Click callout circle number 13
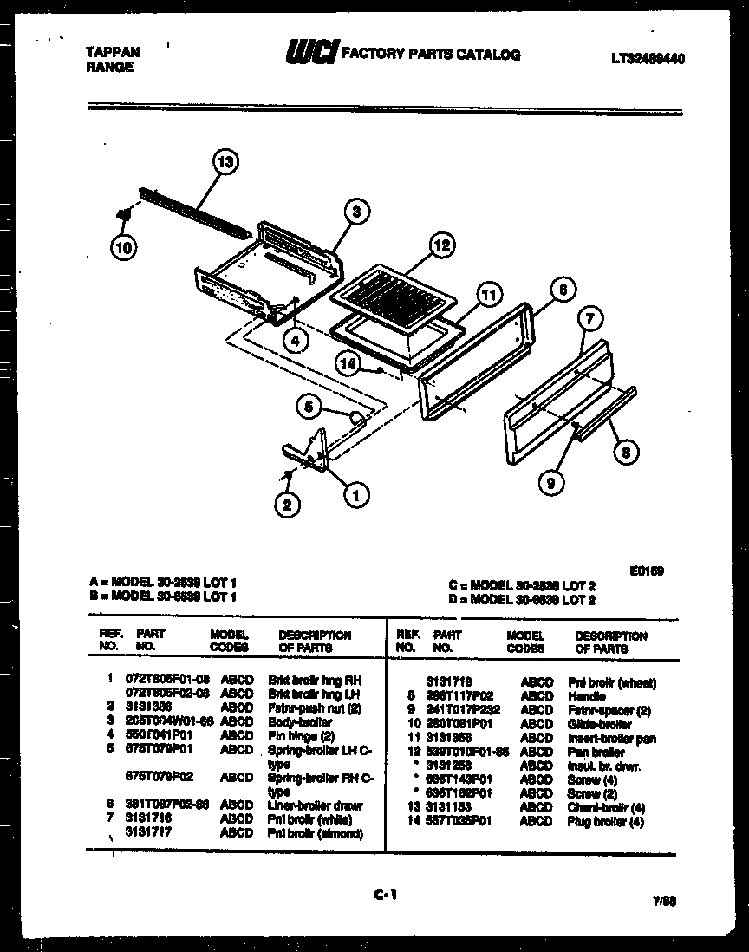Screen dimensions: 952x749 click(x=225, y=162)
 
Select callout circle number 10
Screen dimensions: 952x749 click(x=124, y=247)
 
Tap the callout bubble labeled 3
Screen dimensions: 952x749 click(x=355, y=211)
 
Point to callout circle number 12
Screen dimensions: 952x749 click(x=442, y=246)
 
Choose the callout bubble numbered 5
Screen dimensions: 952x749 click(x=309, y=405)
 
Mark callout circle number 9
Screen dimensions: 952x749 click(x=550, y=482)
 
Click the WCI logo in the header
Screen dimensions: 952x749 click(x=311, y=54)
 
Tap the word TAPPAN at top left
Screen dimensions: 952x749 click(x=113, y=52)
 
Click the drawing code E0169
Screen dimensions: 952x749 click(x=647, y=571)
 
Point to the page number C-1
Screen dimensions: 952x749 click(x=385, y=896)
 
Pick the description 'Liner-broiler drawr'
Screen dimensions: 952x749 click(x=315, y=805)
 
